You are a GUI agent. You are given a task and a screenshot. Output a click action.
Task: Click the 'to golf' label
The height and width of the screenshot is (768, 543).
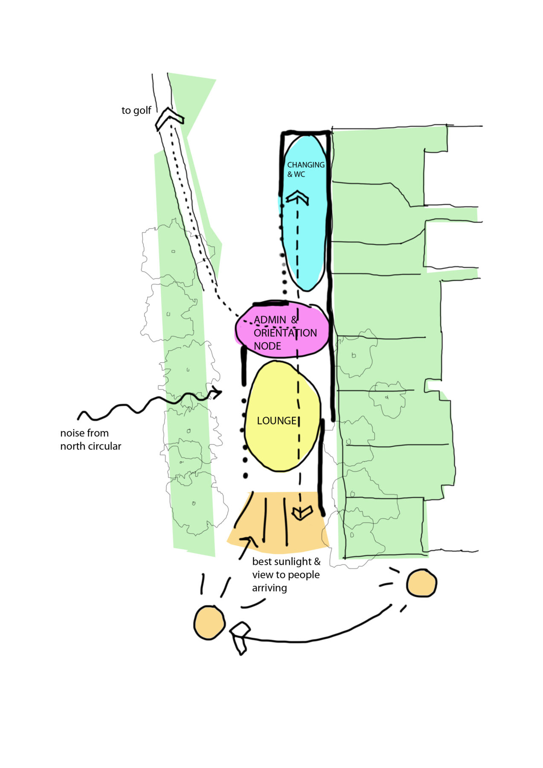pos(136,111)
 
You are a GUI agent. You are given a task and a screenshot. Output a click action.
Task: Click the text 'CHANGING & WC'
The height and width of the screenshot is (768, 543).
pos(305,169)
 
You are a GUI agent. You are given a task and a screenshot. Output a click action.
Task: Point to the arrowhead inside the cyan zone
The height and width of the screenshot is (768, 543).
pos(297,198)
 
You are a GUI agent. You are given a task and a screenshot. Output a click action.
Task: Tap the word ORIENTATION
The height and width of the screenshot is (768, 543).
pos(285,333)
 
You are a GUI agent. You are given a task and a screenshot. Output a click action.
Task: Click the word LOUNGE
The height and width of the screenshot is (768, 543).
pos(276,421)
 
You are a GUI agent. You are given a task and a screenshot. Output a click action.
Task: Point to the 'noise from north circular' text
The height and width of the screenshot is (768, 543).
pos(90,439)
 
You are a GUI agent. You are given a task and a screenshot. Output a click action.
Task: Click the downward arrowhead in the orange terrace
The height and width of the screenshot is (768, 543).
pos(302,512)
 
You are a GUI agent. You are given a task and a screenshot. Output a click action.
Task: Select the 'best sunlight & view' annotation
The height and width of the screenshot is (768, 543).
pos(286,574)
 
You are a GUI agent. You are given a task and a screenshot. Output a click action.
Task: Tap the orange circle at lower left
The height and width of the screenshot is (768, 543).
pos(209,622)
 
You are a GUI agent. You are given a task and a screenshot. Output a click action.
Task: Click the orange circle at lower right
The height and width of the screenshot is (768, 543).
pos(421,583)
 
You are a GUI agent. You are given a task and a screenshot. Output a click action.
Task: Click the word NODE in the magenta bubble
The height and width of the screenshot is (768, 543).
pos(267,346)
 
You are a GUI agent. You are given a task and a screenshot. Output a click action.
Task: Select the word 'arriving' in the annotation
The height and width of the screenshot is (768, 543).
pos(269,588)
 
